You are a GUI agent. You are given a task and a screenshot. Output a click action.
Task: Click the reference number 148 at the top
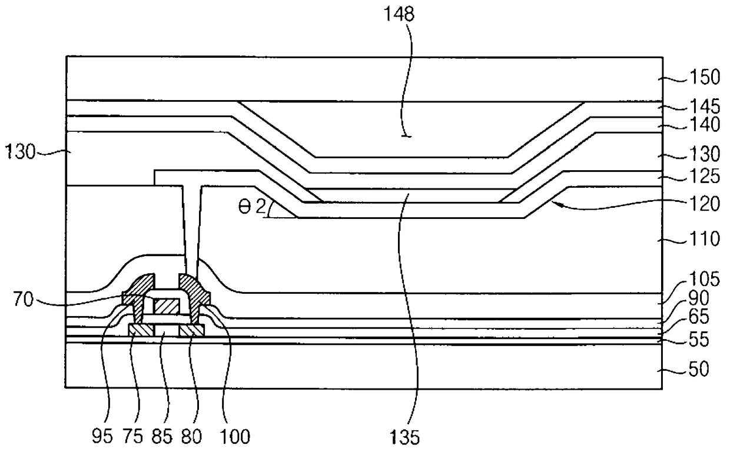[401, 16]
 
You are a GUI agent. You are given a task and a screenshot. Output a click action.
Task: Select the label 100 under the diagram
[235, 437]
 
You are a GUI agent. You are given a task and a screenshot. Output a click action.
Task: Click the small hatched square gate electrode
[165, 306]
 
